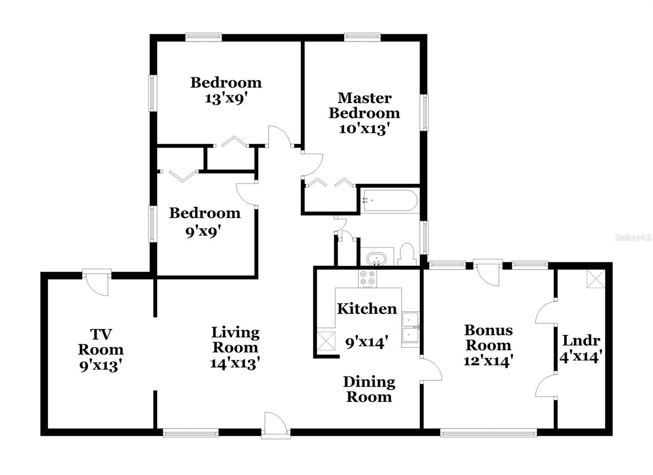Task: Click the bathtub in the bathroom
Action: (x=390, y=201)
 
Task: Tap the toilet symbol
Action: (x=407, y=255)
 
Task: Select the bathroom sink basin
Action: (x=376, y=259)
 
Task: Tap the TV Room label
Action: (x=101, y=342)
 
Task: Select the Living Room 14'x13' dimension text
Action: (x=235, y=363)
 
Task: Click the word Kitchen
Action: (x=366, y=309)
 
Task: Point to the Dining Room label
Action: (x=369, y=389)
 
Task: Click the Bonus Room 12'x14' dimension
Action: (x=488, y=361)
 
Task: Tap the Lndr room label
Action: (x=581, y=340)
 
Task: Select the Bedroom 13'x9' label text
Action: (x=226, y=83)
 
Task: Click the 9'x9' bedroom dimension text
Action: (x=203, y=232)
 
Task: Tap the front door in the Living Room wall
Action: (x=275, y=426)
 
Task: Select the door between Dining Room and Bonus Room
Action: (x=431, y=369)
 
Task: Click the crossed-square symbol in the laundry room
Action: (x=595, y=279)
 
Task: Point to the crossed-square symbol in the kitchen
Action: (x=326, y=341)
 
